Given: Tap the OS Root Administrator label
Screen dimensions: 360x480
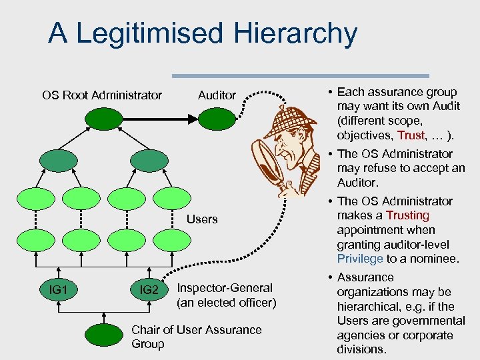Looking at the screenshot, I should click(102, 95).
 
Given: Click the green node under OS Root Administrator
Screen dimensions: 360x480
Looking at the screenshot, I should click(102, 119).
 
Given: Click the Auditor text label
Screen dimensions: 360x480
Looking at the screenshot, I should click(217, 95).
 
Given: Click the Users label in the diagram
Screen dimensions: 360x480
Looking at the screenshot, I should click(202, 219).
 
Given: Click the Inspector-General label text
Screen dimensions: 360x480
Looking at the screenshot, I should click(225, 288).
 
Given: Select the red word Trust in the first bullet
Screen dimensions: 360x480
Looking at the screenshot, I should click(411, 135).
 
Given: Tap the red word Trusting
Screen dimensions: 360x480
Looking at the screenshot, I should click(408, 215).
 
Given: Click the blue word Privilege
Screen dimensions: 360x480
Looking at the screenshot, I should click(360, 259).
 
